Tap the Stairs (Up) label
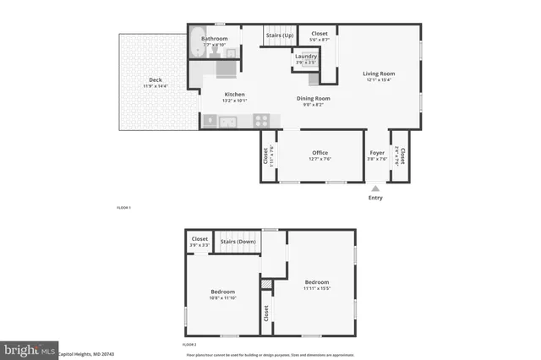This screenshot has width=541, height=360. click(x=279, y=36)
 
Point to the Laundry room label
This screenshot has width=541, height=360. click(x=306, y=56)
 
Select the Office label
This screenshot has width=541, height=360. click(x=320, y=153)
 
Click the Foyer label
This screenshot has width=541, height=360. click(x=377, y=153)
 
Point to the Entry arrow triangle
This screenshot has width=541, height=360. click(x=375, y=187)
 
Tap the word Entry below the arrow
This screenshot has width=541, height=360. click(x=375, y=198)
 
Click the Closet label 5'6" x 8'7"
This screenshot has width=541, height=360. click(x=320, y=34)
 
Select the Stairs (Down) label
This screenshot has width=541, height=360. click(x=238, y=242)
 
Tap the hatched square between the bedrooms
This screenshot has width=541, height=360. click(x=266, y=286)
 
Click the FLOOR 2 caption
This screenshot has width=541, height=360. click(x=189, y=345)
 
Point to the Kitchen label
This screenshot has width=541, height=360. click(x=235, y=94)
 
